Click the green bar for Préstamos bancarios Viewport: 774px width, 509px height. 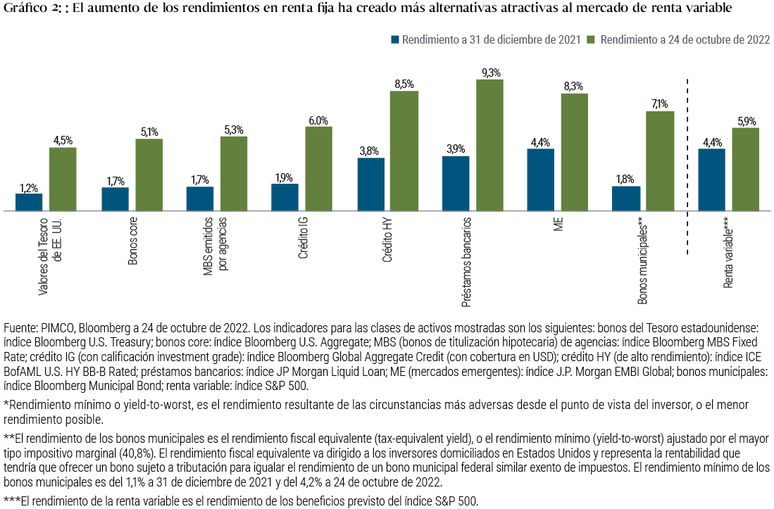point(490,145)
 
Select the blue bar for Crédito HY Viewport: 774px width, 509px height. point(370,184)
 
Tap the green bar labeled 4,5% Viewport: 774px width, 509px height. point(63,179)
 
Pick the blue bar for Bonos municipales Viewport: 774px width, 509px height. point(626,199)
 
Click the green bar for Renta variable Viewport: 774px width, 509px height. point(745,169)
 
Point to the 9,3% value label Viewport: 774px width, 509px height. point(490,73)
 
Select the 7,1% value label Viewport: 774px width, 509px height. point(660,104)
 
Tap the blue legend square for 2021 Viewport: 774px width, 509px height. point(394,40)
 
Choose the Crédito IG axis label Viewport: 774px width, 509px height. point(304,239)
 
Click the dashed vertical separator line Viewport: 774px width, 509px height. point(687,162)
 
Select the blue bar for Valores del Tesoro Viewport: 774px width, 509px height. point(29,202)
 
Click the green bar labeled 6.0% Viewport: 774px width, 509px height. point(318,169)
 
